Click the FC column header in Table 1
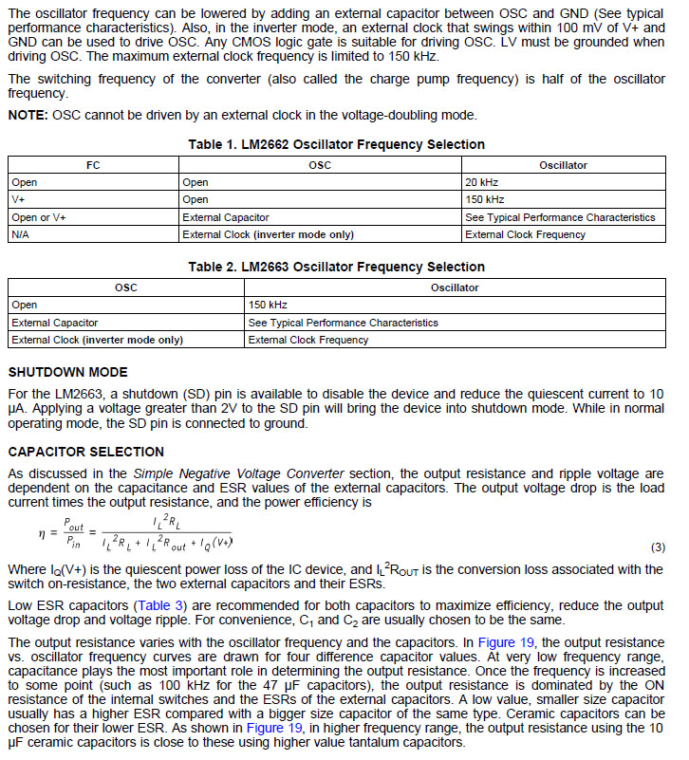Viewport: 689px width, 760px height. pyautogui.click(x=93, y=165)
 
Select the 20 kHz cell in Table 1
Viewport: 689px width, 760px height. pyautogui.click(x=482, y=182)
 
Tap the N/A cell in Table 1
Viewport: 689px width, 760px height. pyautogui.click(x=21, y=234)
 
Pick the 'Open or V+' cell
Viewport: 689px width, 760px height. pyautogui.click(x=39, y=217)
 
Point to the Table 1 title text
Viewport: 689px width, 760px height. pyautogui.click(x=336, y=144)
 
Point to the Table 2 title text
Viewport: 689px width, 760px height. pyautogui.click(x=336, y=267)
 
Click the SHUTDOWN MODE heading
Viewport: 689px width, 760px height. pyautogui.click(x=67, y=372)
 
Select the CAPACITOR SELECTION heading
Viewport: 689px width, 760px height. pyautogui.click(x=85, y=452)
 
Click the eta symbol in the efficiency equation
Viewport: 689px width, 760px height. pyautogui.click(x=42, y=533)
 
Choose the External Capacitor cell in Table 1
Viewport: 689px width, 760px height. pyautogui.click(x=225, y=217)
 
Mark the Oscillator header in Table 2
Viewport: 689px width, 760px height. pyautogui.click(x=455, y=287)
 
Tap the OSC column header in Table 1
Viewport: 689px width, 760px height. pyautogui.click(x=320, y=165)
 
